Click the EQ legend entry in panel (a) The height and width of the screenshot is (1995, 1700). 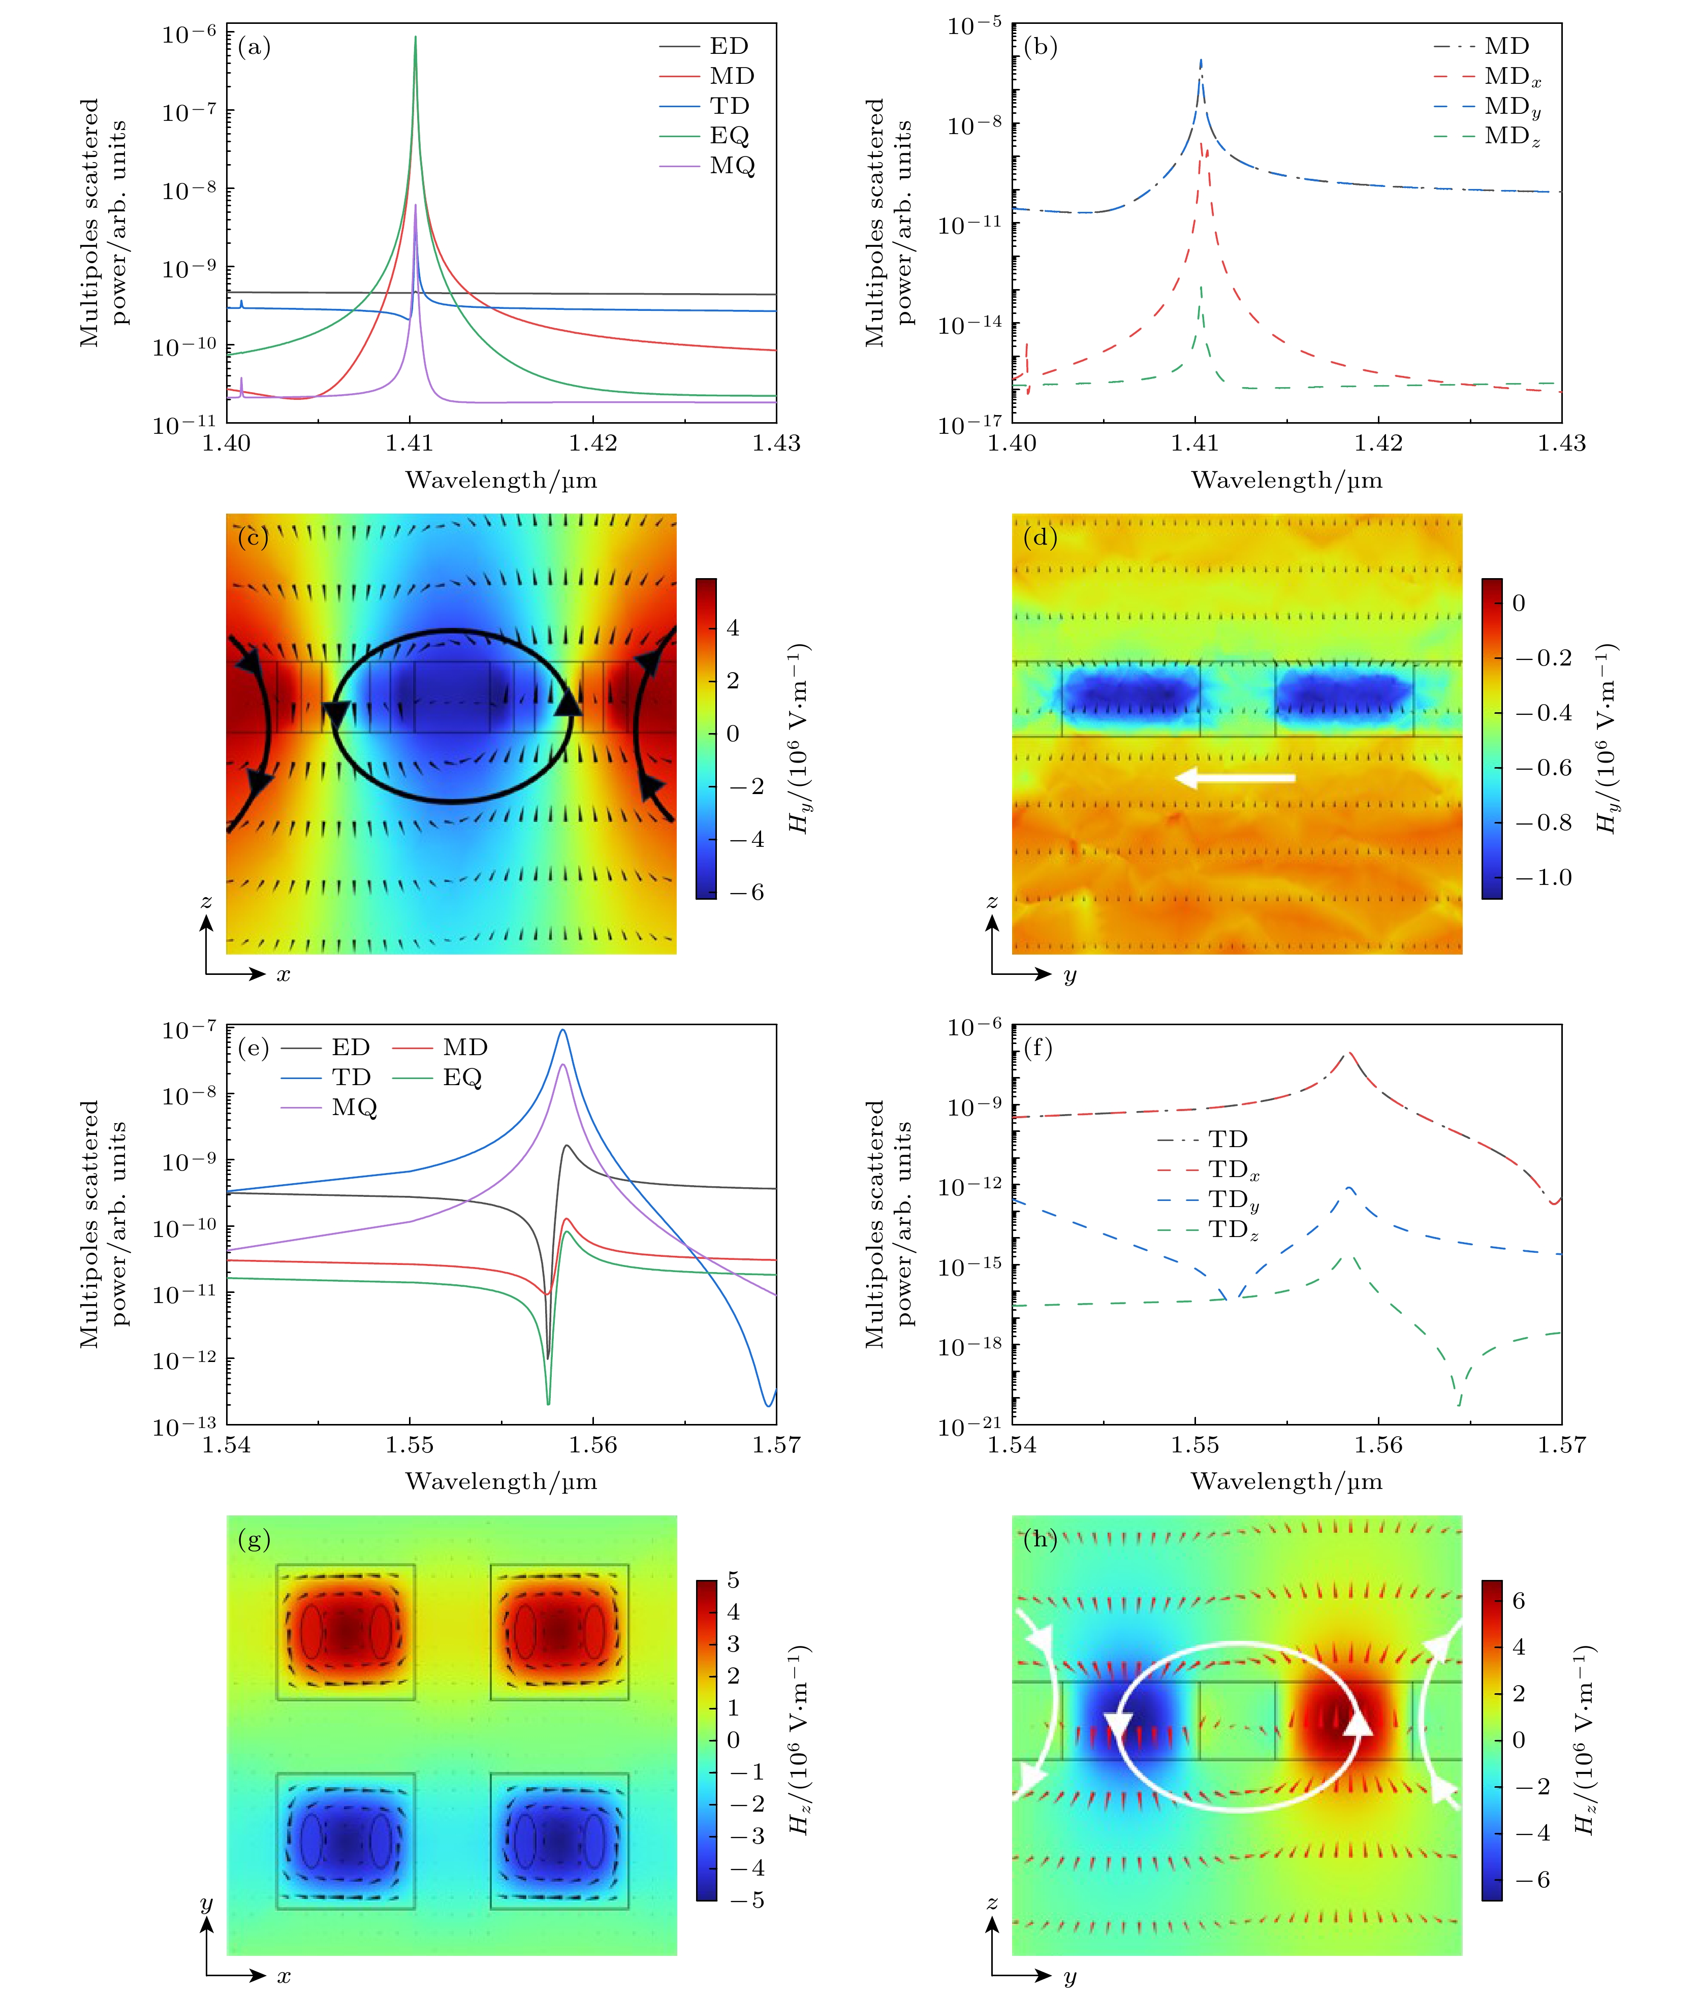click(729, 136)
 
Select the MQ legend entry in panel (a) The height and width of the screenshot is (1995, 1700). click(732, 166)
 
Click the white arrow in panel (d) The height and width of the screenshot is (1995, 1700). click(1235, 777)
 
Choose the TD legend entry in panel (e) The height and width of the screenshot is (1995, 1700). click(351, 1076)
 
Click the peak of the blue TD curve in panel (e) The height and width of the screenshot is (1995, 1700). click(563, 1031)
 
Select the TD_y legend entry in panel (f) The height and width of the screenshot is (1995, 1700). click(1233, 1200)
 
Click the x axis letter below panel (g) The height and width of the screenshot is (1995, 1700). click(283, 1976)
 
